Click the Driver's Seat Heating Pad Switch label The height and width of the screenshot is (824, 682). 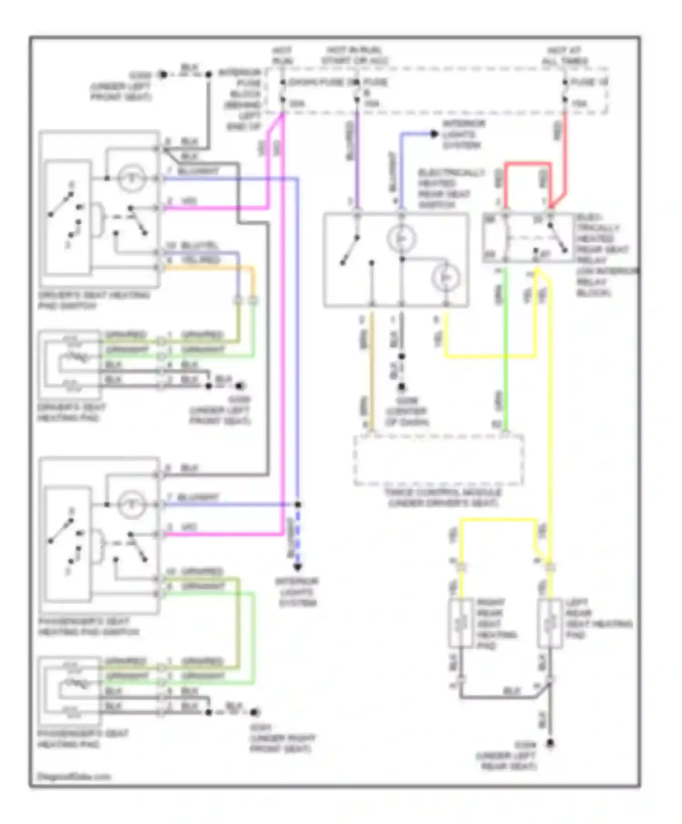pos(93,300)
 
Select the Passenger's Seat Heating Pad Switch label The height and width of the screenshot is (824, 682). pos(89,627)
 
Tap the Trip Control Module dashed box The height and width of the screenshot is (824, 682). pos(438,460)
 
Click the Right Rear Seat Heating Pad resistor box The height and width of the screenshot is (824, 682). pos(461,623)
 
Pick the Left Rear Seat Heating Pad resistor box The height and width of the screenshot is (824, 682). pos(550,623)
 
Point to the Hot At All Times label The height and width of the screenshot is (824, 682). pos(564,55)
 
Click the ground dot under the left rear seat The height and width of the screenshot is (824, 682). pos(550,744)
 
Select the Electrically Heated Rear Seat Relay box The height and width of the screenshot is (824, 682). pos(528,238)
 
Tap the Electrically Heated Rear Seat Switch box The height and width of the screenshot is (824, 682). pos(396,260)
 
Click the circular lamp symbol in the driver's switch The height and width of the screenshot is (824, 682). pos(131,178)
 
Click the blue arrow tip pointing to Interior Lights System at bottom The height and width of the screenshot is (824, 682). pos(297,567)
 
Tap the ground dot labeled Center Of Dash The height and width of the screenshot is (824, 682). pos(401,387)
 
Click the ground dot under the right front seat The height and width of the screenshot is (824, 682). pos(255,712)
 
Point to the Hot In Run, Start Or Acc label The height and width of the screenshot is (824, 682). pos(354,55)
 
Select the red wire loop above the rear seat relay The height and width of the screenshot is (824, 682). pos(527,164)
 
